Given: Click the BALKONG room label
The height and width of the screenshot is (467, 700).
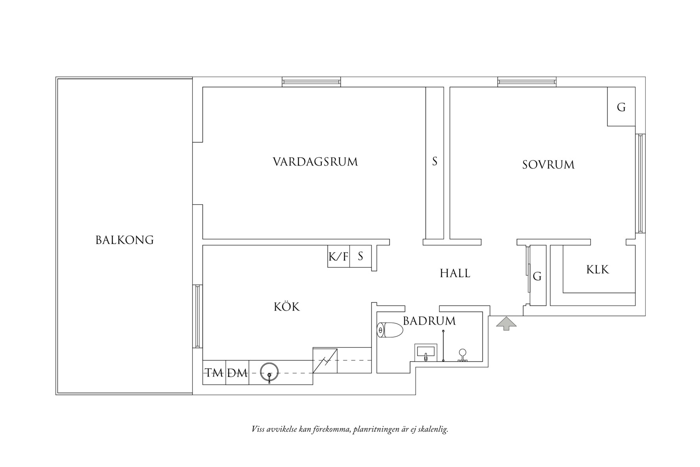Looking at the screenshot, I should click(x=124, y=240).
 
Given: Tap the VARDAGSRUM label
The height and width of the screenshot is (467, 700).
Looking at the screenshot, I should click(x=315, y=162).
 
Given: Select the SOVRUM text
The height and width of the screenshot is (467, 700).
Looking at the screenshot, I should click(x=548, y=164).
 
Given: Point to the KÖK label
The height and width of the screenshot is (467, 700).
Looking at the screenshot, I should click(x=287, y=307).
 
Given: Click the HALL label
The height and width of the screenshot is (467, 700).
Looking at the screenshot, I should click(x=455, y=273).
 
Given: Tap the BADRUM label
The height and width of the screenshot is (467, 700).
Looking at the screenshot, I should click(x=429, y=321).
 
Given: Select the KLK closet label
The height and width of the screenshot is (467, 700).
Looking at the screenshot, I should click(x=597, y=269).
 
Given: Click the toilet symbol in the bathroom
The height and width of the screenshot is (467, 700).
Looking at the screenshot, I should click(x=390, y=330).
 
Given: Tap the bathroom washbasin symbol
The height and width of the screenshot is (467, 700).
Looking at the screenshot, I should click(x=426, y=352).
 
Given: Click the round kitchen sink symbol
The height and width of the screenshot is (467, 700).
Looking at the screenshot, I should click(x=269, y=371).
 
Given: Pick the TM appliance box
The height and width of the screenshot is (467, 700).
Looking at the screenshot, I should click(x=214, y=373).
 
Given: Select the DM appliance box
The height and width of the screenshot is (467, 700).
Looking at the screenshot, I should click(x=237, y=373).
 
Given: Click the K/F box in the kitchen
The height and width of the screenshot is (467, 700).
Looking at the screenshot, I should click(x=338, y=257).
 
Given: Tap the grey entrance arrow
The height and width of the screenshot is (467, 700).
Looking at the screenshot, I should click(x=506, y=323).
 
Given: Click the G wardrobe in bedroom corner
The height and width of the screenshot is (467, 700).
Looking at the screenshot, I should click(x=621, y=107).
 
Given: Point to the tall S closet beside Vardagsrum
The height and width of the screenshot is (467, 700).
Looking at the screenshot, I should click(x=435, y=161).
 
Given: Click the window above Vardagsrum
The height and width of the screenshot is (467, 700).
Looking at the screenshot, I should click(x=311, y=82).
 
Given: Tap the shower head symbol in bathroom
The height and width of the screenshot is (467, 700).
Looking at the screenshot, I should click(x=462, y=353).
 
